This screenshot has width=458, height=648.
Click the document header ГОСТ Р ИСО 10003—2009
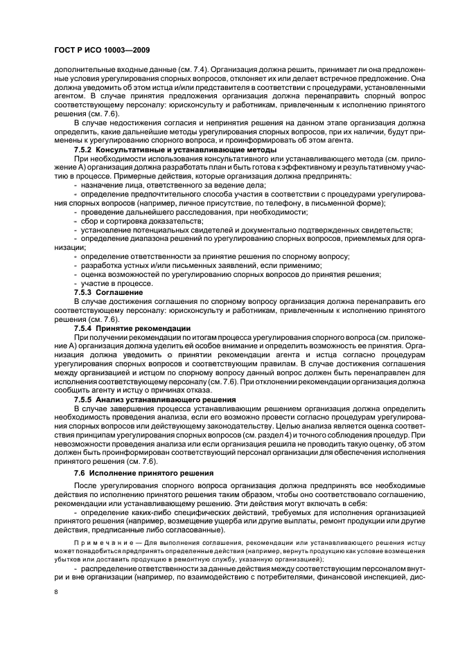pos(98,51)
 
